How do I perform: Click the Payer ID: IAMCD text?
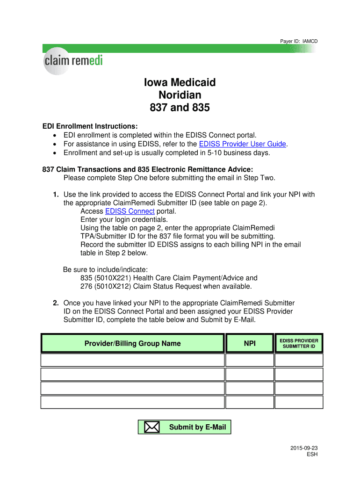(298, 41)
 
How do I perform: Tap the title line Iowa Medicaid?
(180, 83)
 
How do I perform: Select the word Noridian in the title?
(180, 95)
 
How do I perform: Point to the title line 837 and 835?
(180, 108)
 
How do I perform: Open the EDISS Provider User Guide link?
(242, 144)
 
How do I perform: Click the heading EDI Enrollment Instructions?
(90, 126)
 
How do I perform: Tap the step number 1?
(56, 195)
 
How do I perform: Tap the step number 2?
(56, 303)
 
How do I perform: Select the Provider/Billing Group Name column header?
(132, 343)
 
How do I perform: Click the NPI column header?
(250, 343)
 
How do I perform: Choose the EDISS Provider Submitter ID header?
(299, 343)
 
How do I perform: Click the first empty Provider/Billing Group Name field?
(132, 360)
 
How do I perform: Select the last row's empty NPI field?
(250, 402)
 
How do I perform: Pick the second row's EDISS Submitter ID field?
(299, 374)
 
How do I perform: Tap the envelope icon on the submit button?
(151, 427)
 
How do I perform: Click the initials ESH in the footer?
(312, 455)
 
